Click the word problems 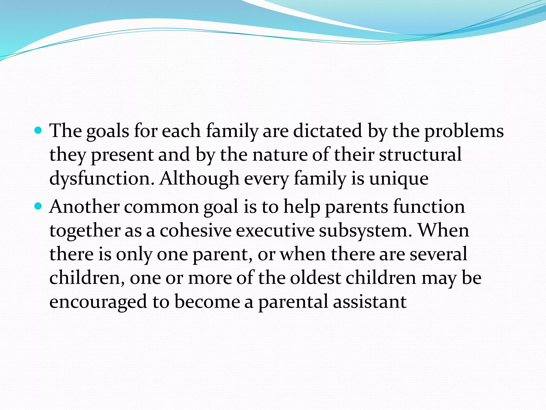[464, 131]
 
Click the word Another [84, 207]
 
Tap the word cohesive [195, 231]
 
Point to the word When [443, 231]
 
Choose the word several [438, 254]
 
